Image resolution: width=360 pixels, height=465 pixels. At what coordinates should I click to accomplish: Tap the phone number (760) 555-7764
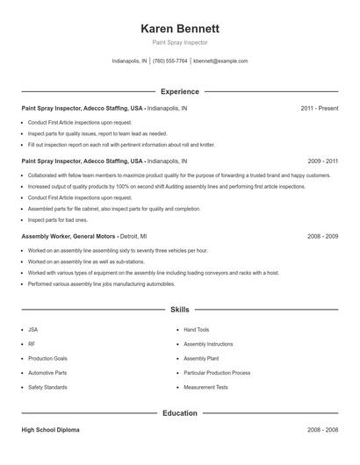tap(169, 61)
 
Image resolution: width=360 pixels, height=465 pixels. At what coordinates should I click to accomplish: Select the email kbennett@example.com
tap(220, 61)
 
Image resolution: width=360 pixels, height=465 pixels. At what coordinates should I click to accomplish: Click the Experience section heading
tap(179, 91)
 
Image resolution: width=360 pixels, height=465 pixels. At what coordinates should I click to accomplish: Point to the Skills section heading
tap(179, 310)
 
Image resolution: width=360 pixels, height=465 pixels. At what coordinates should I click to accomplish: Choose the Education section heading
tap(179, 412)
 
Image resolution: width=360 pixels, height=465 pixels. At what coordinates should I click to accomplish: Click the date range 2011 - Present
tap(319, 108)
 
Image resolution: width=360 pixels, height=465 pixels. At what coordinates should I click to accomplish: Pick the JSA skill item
tap(33, 330)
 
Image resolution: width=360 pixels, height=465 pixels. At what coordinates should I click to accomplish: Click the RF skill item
tap(32, 344)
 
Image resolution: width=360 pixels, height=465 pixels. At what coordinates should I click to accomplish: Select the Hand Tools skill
tap(196, 330)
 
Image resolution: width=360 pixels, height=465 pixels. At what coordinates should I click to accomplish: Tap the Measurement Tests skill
tap(205, 387)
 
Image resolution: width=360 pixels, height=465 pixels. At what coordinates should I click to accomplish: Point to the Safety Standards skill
tap(47, 387)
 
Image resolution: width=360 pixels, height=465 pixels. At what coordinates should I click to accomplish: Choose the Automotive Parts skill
tap(47, 373)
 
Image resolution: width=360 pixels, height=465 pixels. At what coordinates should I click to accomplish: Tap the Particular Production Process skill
tap(219, 373)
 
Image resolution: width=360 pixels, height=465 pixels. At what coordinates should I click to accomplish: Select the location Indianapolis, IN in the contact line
tap(129, 61)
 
